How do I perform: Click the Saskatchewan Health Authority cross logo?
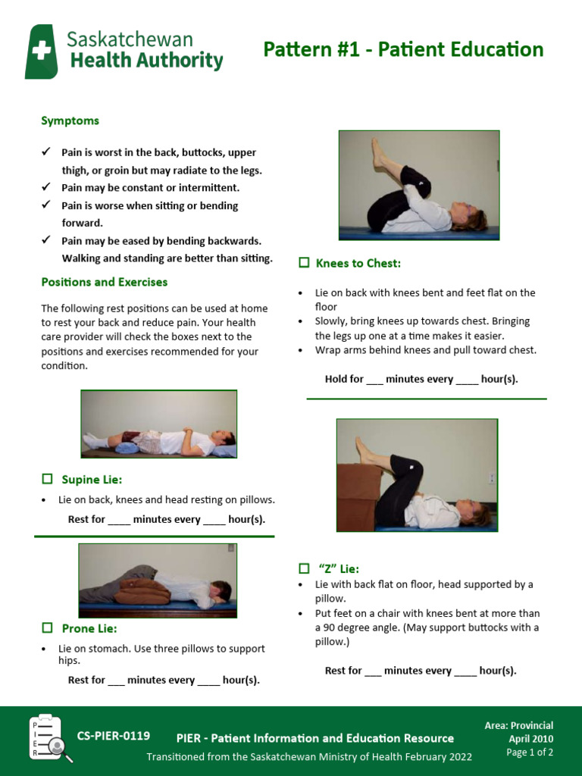click(41, 52)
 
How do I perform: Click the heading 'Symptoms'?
click(70, 120)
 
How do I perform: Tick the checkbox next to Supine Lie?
click(47, 479)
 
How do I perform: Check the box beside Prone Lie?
click(47, 627)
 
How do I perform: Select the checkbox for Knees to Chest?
click(304, 262)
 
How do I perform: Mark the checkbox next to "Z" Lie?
click(304, 568)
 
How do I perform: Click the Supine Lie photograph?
click(159, 424)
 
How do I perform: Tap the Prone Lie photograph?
click(158, 580)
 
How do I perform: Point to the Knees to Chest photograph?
click(418, 185)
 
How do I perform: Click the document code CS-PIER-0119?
click(114, 736)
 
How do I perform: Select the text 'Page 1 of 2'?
click(530, 753)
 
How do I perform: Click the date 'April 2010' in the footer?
click(530, 739)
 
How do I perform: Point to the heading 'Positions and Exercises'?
click(105, 282)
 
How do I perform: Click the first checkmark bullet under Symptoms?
click(46, 152)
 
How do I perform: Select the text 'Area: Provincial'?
click(519, 725)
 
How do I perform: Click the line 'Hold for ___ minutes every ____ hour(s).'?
click(421, 379)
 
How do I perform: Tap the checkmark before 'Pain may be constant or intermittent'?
click(46, 186)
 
